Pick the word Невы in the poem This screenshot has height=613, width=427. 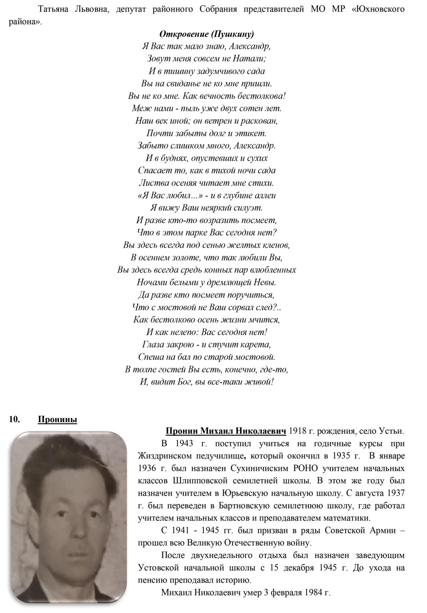click(x=265, y=282)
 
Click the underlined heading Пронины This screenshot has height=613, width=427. click(x=57, y=419)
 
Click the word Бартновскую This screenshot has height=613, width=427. click(x=243, y=506)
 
